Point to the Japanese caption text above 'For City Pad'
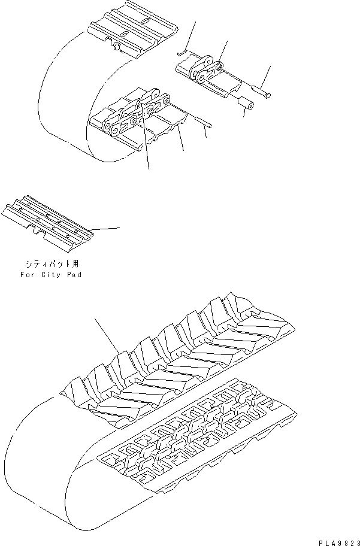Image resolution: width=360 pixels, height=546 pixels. tap(50, 263)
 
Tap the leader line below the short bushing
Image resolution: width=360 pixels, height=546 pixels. tap(244, 114)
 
